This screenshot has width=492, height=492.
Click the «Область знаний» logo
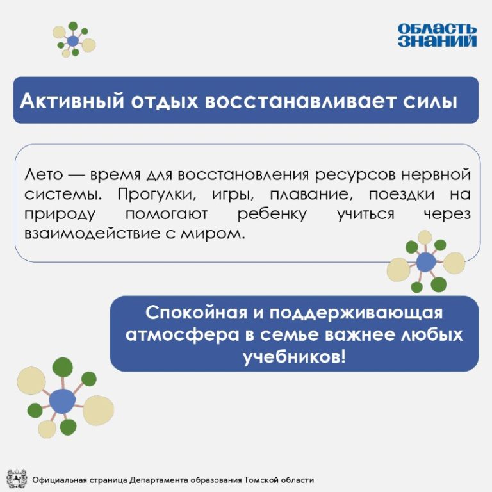click(437, 35)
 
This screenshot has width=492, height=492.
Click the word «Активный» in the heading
click(72, 101)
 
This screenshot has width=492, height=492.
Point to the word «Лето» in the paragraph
click(44, 175)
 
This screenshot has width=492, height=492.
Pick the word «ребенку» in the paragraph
click(272, 215)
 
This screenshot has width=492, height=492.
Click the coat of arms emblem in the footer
click(17, 479)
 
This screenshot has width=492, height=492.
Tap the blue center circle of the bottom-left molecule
click(62, 400)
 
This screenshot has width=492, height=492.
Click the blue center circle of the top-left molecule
click(73, 41)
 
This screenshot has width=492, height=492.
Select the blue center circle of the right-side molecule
click(426, 262)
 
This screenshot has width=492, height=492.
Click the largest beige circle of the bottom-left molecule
click(98, 411)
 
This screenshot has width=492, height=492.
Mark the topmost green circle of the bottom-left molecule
click(62, 368)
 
